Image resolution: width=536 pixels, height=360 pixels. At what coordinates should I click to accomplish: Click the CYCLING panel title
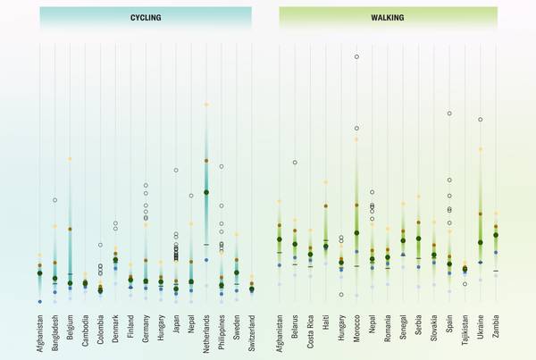pos(146,17)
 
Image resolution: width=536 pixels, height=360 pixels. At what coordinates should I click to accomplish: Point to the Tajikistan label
pos(465,328)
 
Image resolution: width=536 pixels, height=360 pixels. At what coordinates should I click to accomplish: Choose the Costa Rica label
pos(310,328)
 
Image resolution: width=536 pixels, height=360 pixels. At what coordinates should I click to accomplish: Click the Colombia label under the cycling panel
pos(100,326)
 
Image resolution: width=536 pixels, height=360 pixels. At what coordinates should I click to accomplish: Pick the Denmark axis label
pos(115,326)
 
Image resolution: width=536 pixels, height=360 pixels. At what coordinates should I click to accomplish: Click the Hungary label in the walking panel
pos(341,325)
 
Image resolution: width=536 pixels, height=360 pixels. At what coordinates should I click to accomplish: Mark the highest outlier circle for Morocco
pos(356,56)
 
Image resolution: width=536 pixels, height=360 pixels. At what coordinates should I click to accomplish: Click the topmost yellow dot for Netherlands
pos(206,105)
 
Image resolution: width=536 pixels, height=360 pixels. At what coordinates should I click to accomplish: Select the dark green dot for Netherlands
pos(206,192)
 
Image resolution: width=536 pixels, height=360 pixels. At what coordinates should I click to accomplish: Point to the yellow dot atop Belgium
pos(70,159)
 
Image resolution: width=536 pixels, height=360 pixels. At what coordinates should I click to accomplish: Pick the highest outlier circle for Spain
pos(449,113)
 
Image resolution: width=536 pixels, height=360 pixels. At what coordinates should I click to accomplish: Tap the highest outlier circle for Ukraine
pos(481,119)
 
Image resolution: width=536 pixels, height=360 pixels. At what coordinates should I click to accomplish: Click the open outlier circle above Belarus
pos(295,163)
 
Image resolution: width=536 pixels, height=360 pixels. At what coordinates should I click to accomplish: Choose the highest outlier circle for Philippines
pos(222,166)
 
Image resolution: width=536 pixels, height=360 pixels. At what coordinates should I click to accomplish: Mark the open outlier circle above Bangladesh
pos(54,200)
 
